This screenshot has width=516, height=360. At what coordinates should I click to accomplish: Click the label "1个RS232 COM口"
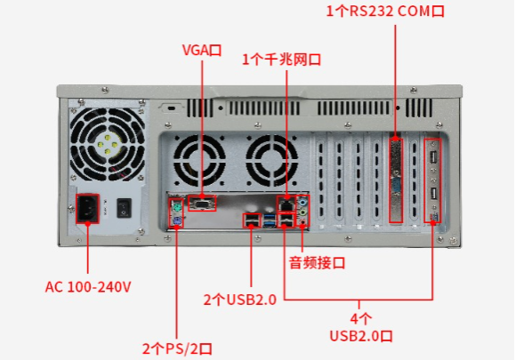(x=385, y=11)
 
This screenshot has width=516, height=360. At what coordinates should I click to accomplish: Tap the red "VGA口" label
(x=202, y=50)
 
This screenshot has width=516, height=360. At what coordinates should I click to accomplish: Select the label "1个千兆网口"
(x=281, y=60)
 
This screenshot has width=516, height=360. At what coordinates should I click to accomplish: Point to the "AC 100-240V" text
(x=88, y=287)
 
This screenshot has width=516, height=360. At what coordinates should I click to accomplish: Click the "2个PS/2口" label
(x=177, y=348)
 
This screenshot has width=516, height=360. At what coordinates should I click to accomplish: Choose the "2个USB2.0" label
(x=240, y=300)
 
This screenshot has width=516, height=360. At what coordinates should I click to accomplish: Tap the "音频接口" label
(x=317, y=263)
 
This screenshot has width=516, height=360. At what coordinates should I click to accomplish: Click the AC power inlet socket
(x=87, y=208)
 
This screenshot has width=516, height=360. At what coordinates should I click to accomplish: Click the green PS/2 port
(x=177, y=208)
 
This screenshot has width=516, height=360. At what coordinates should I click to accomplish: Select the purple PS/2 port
(x=177, y=220)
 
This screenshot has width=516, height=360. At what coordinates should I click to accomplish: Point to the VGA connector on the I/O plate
(x=202, y=204)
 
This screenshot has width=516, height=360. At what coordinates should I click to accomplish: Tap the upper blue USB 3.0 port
(x=270, y=217)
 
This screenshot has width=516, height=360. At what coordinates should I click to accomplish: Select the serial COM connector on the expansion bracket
(x=396, y=187)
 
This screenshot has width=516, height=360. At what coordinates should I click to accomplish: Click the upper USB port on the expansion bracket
(x=433, y=156)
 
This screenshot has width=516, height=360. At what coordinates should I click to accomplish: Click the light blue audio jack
(x=303, y=201)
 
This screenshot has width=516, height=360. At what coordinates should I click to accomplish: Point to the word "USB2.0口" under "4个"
(x=361, y=336)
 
